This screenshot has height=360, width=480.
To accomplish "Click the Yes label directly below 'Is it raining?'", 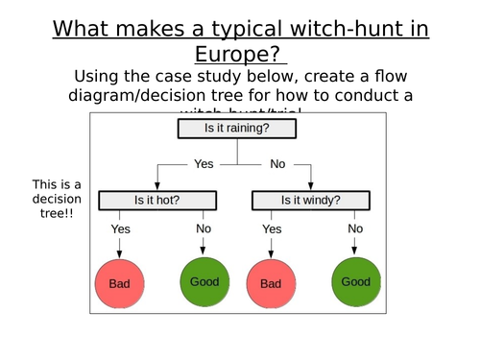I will tap(204, 164).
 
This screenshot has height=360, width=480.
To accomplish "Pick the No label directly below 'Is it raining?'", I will tap(277, 164).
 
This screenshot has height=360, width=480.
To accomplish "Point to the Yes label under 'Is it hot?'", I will tap(121, 229).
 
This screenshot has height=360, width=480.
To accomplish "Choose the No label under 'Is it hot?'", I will tap(204, 229).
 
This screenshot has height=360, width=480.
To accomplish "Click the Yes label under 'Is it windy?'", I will tap(272, 229).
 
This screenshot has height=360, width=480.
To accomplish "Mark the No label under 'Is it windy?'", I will tap(355, 228).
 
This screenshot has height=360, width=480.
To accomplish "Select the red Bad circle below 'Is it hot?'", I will tap(119, 284).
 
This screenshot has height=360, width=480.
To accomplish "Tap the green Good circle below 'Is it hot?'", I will tap(204, 282).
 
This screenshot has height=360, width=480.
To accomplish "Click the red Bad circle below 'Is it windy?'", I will tap(271, 284).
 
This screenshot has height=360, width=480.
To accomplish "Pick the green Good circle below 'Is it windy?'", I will tap(355, 282).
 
